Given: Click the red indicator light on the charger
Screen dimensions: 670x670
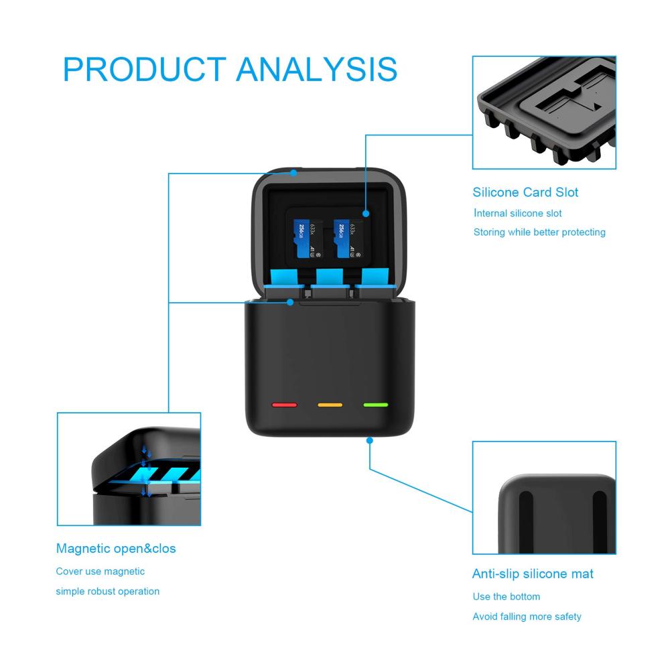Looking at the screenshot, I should click(283, 405).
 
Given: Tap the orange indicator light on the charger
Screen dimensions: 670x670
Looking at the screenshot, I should click(330, 405).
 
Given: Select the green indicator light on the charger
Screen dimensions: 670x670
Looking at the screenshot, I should click(376, 405).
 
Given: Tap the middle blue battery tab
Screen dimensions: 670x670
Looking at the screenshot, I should click(329, 281).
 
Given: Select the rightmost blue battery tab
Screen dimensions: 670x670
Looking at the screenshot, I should click(374, 281).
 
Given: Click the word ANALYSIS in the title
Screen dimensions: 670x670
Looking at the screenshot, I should click(317, 70).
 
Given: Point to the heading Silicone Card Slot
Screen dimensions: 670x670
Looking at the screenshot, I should click(525, 192).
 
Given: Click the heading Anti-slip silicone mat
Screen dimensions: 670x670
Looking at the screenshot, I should click(533, 574).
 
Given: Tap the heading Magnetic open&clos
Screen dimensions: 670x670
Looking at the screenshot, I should click(116, 549).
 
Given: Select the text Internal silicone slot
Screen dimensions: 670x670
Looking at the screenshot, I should click(518, 213).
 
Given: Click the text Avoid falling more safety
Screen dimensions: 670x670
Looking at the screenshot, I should click(527, 616).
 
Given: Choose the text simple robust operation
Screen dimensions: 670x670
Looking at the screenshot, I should click(107, 591).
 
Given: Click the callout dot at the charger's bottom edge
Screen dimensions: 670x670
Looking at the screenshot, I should click(369, 440).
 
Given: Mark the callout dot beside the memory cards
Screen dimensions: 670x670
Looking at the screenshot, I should click(366, 214).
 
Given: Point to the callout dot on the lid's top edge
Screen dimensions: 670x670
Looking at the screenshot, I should click(293, 173).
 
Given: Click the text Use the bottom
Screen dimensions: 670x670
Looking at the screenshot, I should click(506, 596).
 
